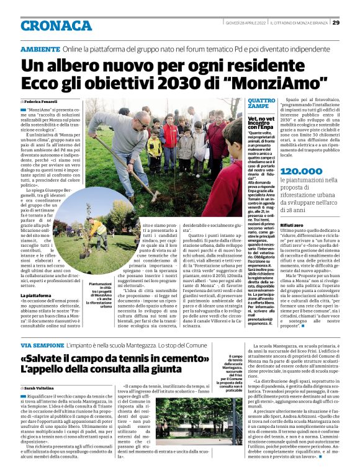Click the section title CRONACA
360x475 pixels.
[x=56, y=25]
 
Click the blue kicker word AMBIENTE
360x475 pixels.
[x=40, y=48]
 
